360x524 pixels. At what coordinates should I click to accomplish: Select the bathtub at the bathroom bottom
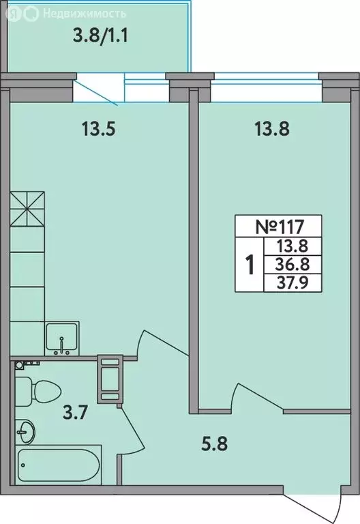tap(59, 465)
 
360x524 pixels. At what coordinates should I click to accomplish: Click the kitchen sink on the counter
tap(62, 338)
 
